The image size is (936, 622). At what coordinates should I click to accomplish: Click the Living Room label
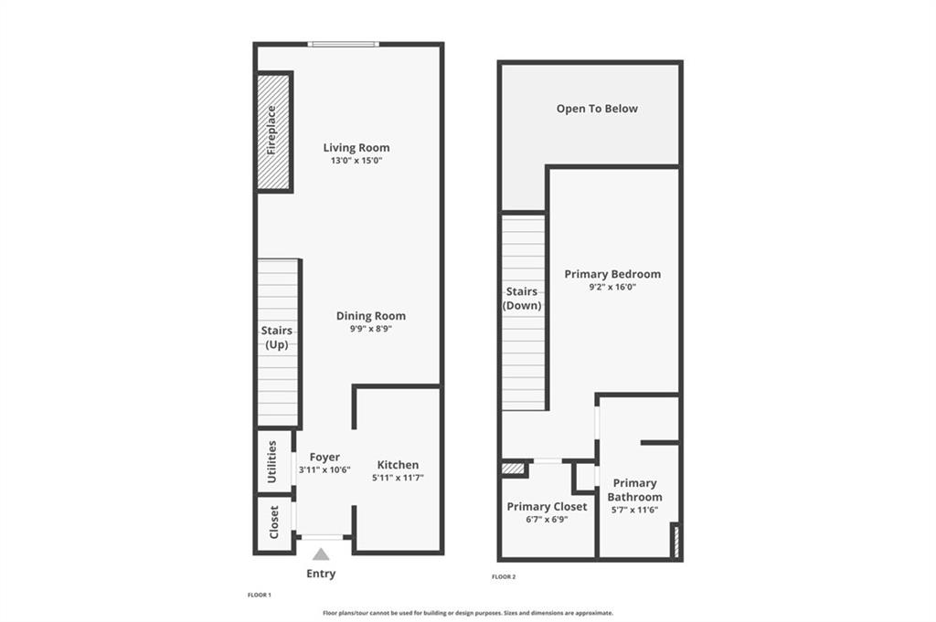pyautogui.click(x=356, y=147)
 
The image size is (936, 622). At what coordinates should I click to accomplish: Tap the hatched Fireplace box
pyautogui.click(x=273, y=132)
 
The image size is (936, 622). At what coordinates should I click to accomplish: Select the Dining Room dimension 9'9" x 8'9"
pyautogui.click(x=371, y=329)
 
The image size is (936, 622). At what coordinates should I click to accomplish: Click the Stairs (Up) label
pyautogui.click(x=276, y=338)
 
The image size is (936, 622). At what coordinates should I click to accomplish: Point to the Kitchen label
pyautogui.click(x=399, y=465)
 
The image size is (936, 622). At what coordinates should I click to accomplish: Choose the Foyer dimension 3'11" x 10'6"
pyautogui.click(x=324, y=470)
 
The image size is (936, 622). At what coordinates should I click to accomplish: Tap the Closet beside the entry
pyautogui.click(x=274, y=522)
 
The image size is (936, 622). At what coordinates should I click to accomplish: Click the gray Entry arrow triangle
pyautogui.click(x=321, y=555)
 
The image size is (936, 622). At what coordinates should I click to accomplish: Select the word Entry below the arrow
pyautogui.click(x=321, y=574)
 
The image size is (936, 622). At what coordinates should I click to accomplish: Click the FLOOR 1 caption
pyautogui.click(x=260, y=596)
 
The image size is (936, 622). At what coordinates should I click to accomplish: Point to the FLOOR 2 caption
pyautogui.click(x=504, y=576)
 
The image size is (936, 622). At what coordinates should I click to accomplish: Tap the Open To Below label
pyautogui.click(x=597, y=109)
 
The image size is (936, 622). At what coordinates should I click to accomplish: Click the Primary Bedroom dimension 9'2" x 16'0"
pyautogui.click(x=612, y=287)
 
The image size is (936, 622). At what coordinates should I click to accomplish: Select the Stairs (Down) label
pyautogui.click(x=522, y=298)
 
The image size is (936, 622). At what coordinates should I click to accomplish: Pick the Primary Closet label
pyautogui.click(x=547, y=506)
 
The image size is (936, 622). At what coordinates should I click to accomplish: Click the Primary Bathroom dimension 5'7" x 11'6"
pyautogui.click(x=634, y=510)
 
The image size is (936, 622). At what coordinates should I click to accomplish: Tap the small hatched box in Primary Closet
pyautogui.click(x=513, y=469)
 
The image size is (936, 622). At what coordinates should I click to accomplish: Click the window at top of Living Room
pyautogui.click(x=344, y=44)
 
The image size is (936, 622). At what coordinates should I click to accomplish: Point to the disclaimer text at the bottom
pyautogui.click(x=468, y=613)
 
